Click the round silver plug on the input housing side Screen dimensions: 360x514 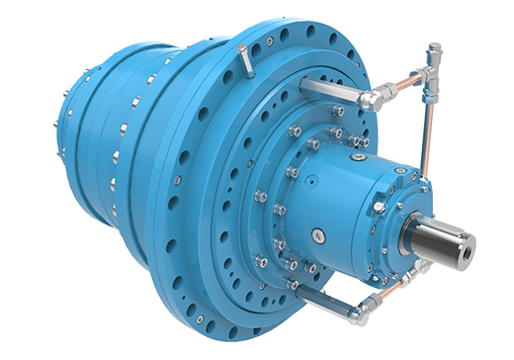319,234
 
